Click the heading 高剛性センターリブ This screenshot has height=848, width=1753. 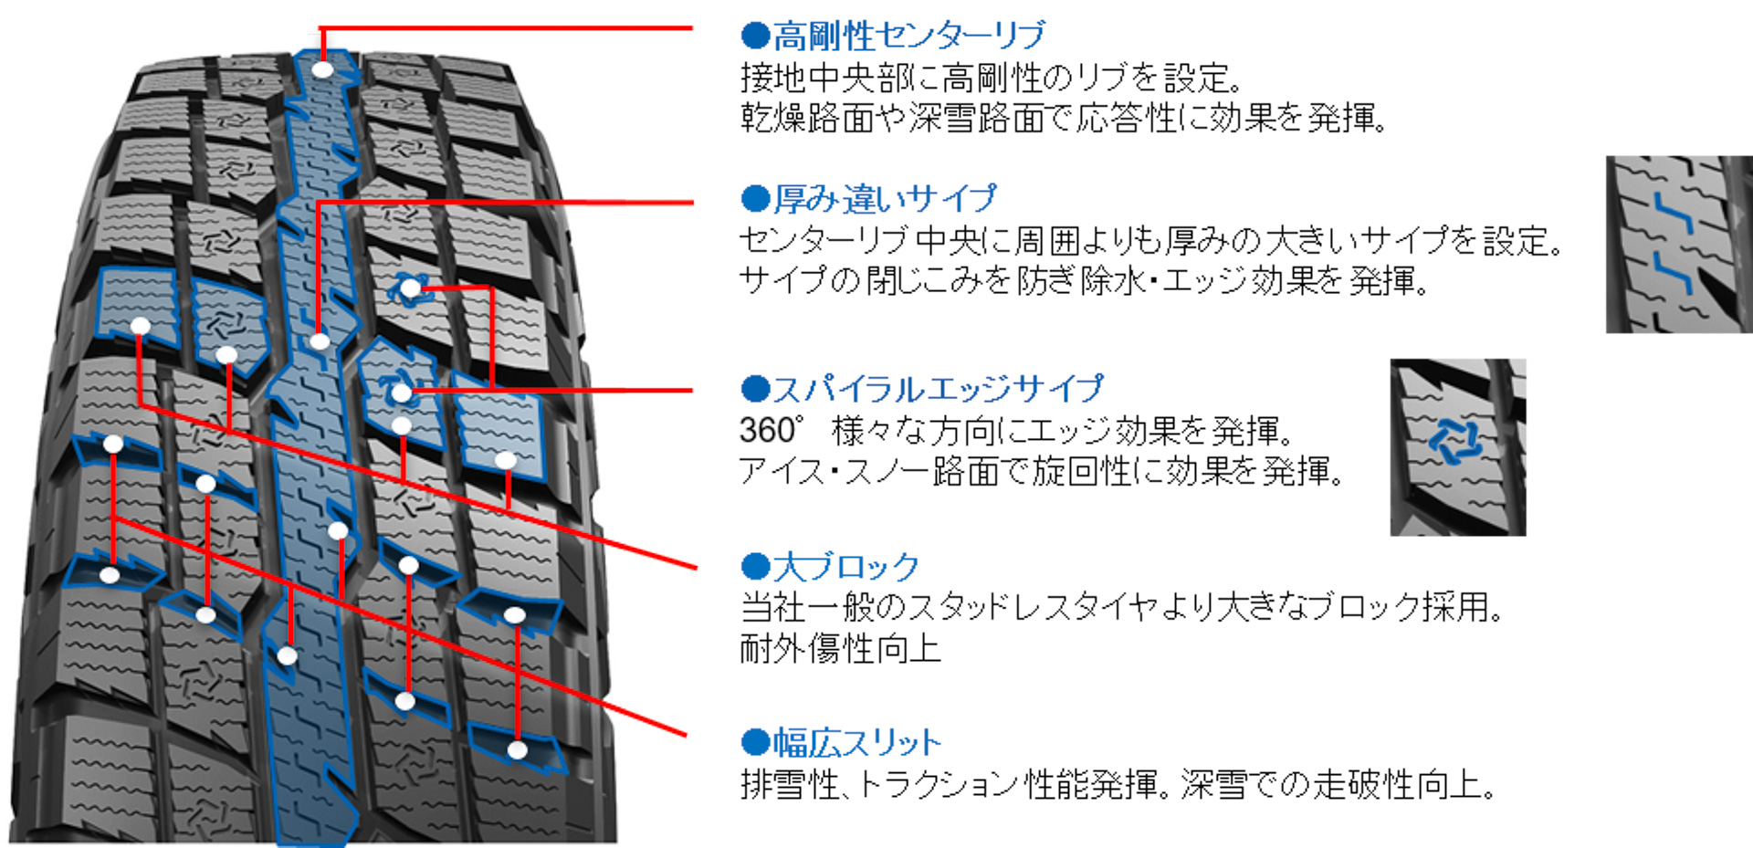[908, 36]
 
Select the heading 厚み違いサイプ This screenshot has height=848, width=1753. [884, 198]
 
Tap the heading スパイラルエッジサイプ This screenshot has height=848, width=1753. [938, 389]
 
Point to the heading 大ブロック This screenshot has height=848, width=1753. [845, 567]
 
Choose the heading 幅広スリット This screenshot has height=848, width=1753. [856, 743]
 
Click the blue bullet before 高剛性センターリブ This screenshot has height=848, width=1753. [755, 36]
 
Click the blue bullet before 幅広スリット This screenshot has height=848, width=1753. [755, 743]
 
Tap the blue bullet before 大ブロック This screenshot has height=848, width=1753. [755, 567]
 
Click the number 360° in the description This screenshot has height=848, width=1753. [772, 430]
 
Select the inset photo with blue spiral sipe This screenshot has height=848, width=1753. [1457, 447]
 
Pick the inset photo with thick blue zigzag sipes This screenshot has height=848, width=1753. [1678, 244]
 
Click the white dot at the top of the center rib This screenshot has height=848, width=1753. [322, 69]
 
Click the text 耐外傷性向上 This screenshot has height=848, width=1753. [840, 649]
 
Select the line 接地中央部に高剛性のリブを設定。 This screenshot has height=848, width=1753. [992, 78]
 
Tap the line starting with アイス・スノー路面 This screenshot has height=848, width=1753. [1041, 472]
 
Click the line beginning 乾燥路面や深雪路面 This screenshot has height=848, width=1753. [1064, 119]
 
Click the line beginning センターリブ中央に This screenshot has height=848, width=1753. [1150, 241]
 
